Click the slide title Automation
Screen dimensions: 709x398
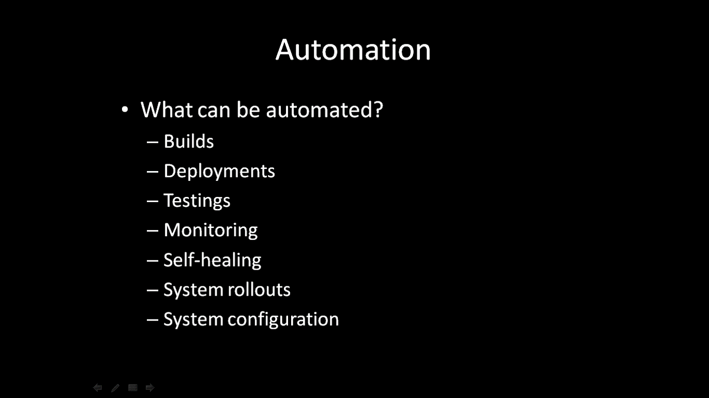point(353,49)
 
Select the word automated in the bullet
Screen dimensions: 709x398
point(320,110)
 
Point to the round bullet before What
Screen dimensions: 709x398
point(125,110)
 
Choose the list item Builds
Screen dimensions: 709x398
point(189,141)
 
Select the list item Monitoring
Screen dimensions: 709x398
point(211,231)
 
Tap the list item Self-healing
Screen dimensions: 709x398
point(213,261)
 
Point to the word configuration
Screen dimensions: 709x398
point(283,320)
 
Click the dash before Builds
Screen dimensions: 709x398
point(153,142)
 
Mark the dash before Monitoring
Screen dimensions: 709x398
point(153,231)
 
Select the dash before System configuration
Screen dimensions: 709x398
point(153,320)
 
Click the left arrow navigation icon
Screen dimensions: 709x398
point(98,388)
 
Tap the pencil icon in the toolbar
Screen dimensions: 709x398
point(115,388)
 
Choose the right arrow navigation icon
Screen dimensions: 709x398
point(150,388)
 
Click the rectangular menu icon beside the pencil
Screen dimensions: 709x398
point(132,388)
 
